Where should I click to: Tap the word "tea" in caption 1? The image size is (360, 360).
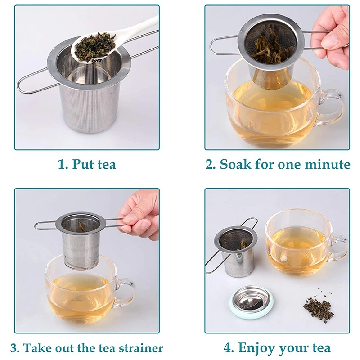pyautogui.click(x=107, y=165)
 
